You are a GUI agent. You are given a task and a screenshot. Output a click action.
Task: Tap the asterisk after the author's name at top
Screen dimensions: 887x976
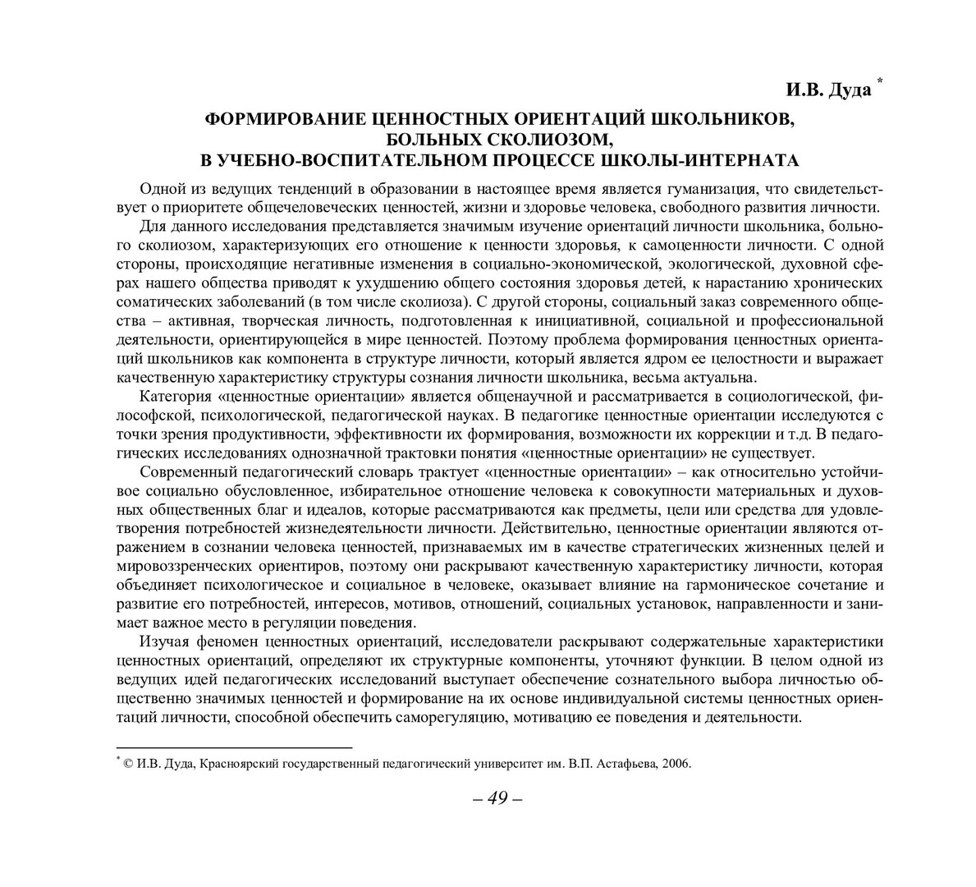point(880,80)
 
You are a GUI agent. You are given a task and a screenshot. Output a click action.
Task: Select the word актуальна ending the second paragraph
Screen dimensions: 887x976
point(717,378)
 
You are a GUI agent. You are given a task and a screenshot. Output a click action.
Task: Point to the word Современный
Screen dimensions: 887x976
point(186,472)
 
